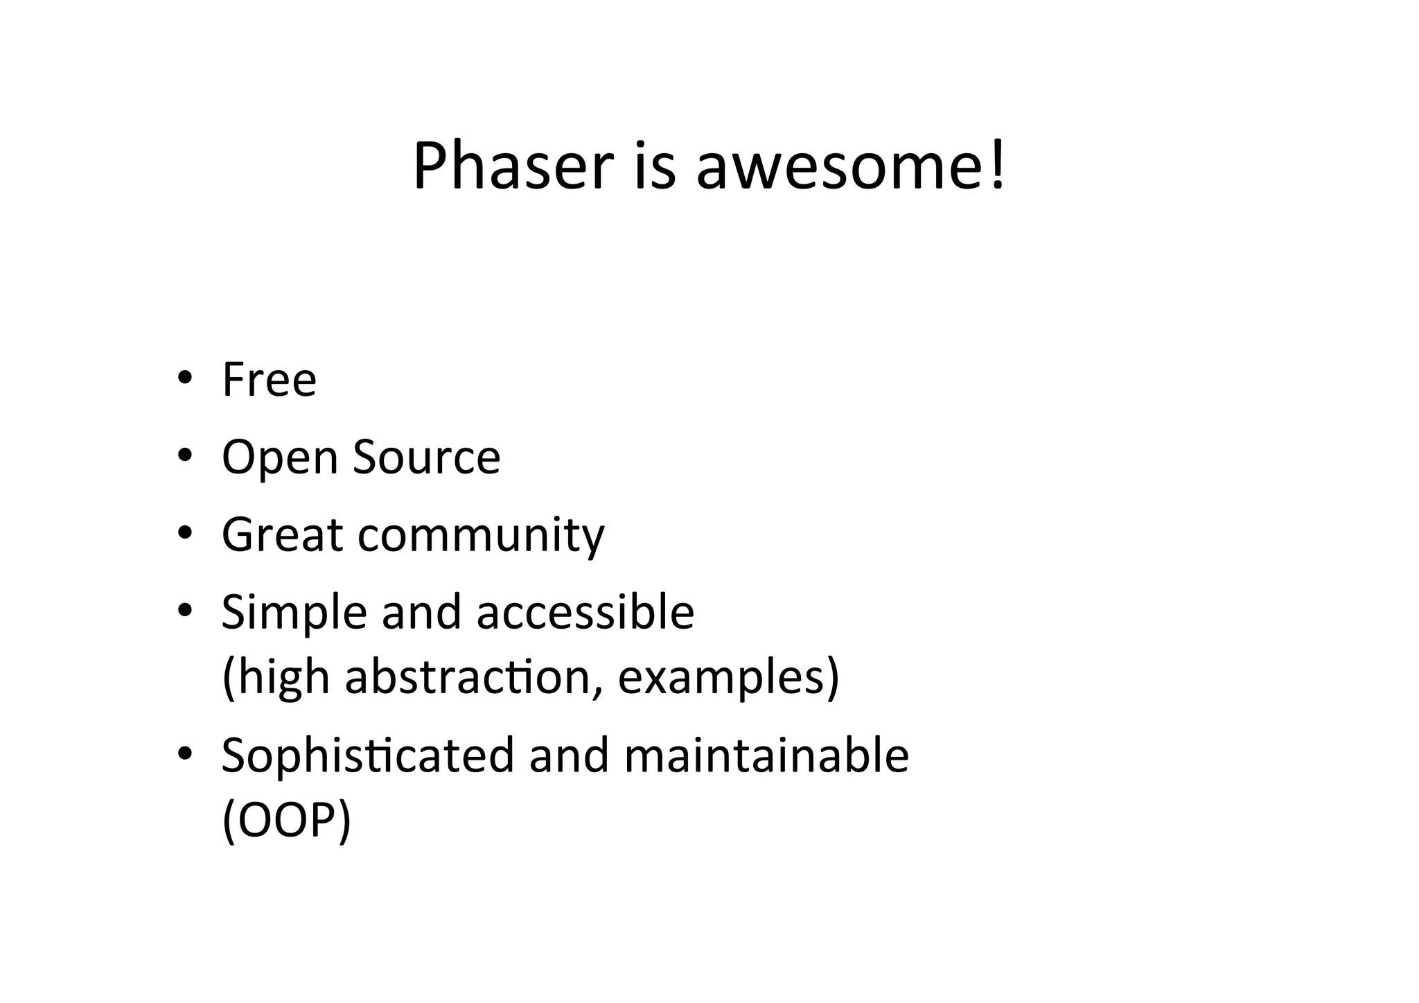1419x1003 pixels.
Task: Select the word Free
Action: (269, 380)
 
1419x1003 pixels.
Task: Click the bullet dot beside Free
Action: (184, 378)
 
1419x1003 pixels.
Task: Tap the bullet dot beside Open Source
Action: (184, 455)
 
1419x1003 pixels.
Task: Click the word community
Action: (481, 536)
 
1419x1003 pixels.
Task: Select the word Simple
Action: (294, 613)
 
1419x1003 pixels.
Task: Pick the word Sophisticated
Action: (367, 756)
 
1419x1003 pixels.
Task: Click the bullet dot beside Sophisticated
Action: (184, 753)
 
